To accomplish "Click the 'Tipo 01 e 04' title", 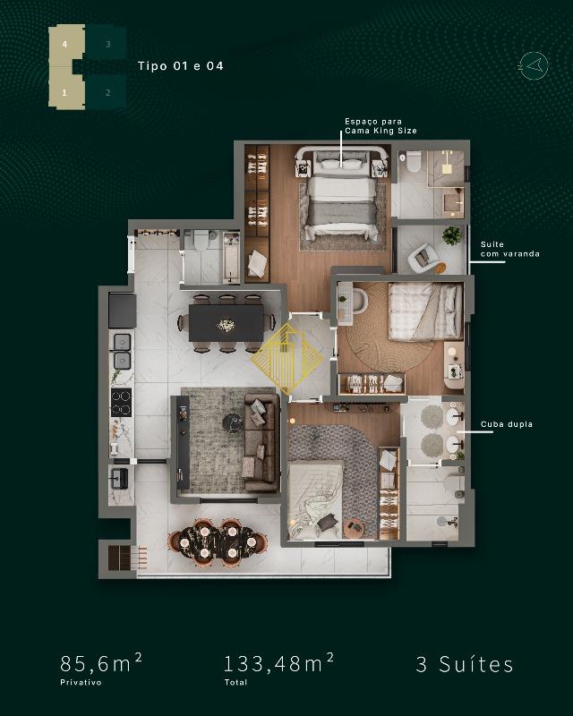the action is (181, 66).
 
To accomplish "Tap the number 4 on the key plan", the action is (64, 44).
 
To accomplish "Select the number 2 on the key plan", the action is (107, 93).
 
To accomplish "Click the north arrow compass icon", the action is (534, 66).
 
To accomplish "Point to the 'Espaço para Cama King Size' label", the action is (381, 126).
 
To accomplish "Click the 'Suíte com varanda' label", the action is (510, 250).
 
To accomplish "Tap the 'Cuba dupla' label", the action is (506, 424).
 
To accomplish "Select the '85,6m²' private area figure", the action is (101, 663).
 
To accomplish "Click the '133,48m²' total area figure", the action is (278, 663).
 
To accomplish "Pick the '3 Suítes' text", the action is (465, 664).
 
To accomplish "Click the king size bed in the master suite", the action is (342, 197).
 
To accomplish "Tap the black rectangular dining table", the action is (227, 323).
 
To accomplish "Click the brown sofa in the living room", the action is (261, 442).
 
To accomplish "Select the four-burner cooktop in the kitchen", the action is (121, 403).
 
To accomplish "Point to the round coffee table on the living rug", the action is (233, 422).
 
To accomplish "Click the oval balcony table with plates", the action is (217, 542).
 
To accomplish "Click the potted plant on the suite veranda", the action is (452, 235).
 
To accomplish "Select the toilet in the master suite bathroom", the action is (414, 161).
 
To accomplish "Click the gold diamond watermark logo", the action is (287, 359).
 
